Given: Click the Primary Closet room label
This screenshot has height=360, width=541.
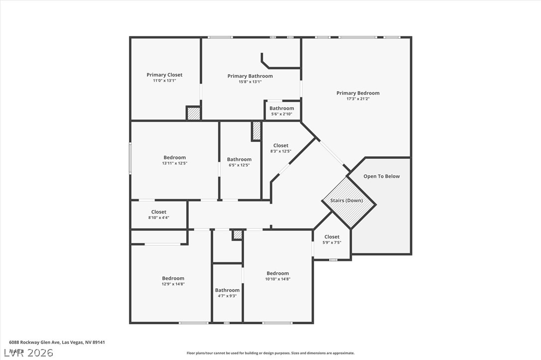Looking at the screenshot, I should [164, 75].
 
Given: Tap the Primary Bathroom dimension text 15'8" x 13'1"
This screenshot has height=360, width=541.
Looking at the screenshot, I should [250, 82].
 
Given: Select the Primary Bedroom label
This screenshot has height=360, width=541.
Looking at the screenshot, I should [358, 93].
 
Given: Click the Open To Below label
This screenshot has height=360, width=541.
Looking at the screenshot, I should [382, 176].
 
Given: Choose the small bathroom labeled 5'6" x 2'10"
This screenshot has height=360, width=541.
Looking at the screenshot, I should [281, 111].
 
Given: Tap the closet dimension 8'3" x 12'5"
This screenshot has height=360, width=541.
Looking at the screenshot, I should [280, 151].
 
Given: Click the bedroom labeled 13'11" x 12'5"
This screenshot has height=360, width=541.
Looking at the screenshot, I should [174, 160].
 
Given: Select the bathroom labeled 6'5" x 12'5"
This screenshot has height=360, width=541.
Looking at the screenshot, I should [239, 162].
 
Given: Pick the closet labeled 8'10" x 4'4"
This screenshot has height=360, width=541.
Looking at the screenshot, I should [159, 215].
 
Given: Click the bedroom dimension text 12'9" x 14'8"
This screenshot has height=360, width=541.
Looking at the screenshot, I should [173, 284].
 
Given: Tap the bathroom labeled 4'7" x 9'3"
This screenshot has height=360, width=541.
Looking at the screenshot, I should [227, 293].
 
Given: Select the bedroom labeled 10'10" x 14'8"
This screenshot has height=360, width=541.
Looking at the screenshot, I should [277, 276].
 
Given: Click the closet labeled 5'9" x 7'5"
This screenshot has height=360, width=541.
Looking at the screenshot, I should [332, 240].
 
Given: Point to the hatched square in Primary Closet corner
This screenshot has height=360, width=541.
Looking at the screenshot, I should [193, 113].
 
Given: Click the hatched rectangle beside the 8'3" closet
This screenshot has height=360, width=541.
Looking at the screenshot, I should [257, 131].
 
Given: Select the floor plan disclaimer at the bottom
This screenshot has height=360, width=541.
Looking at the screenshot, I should [270, 353].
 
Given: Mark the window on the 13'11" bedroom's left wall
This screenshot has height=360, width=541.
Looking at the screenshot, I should [131, 159].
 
